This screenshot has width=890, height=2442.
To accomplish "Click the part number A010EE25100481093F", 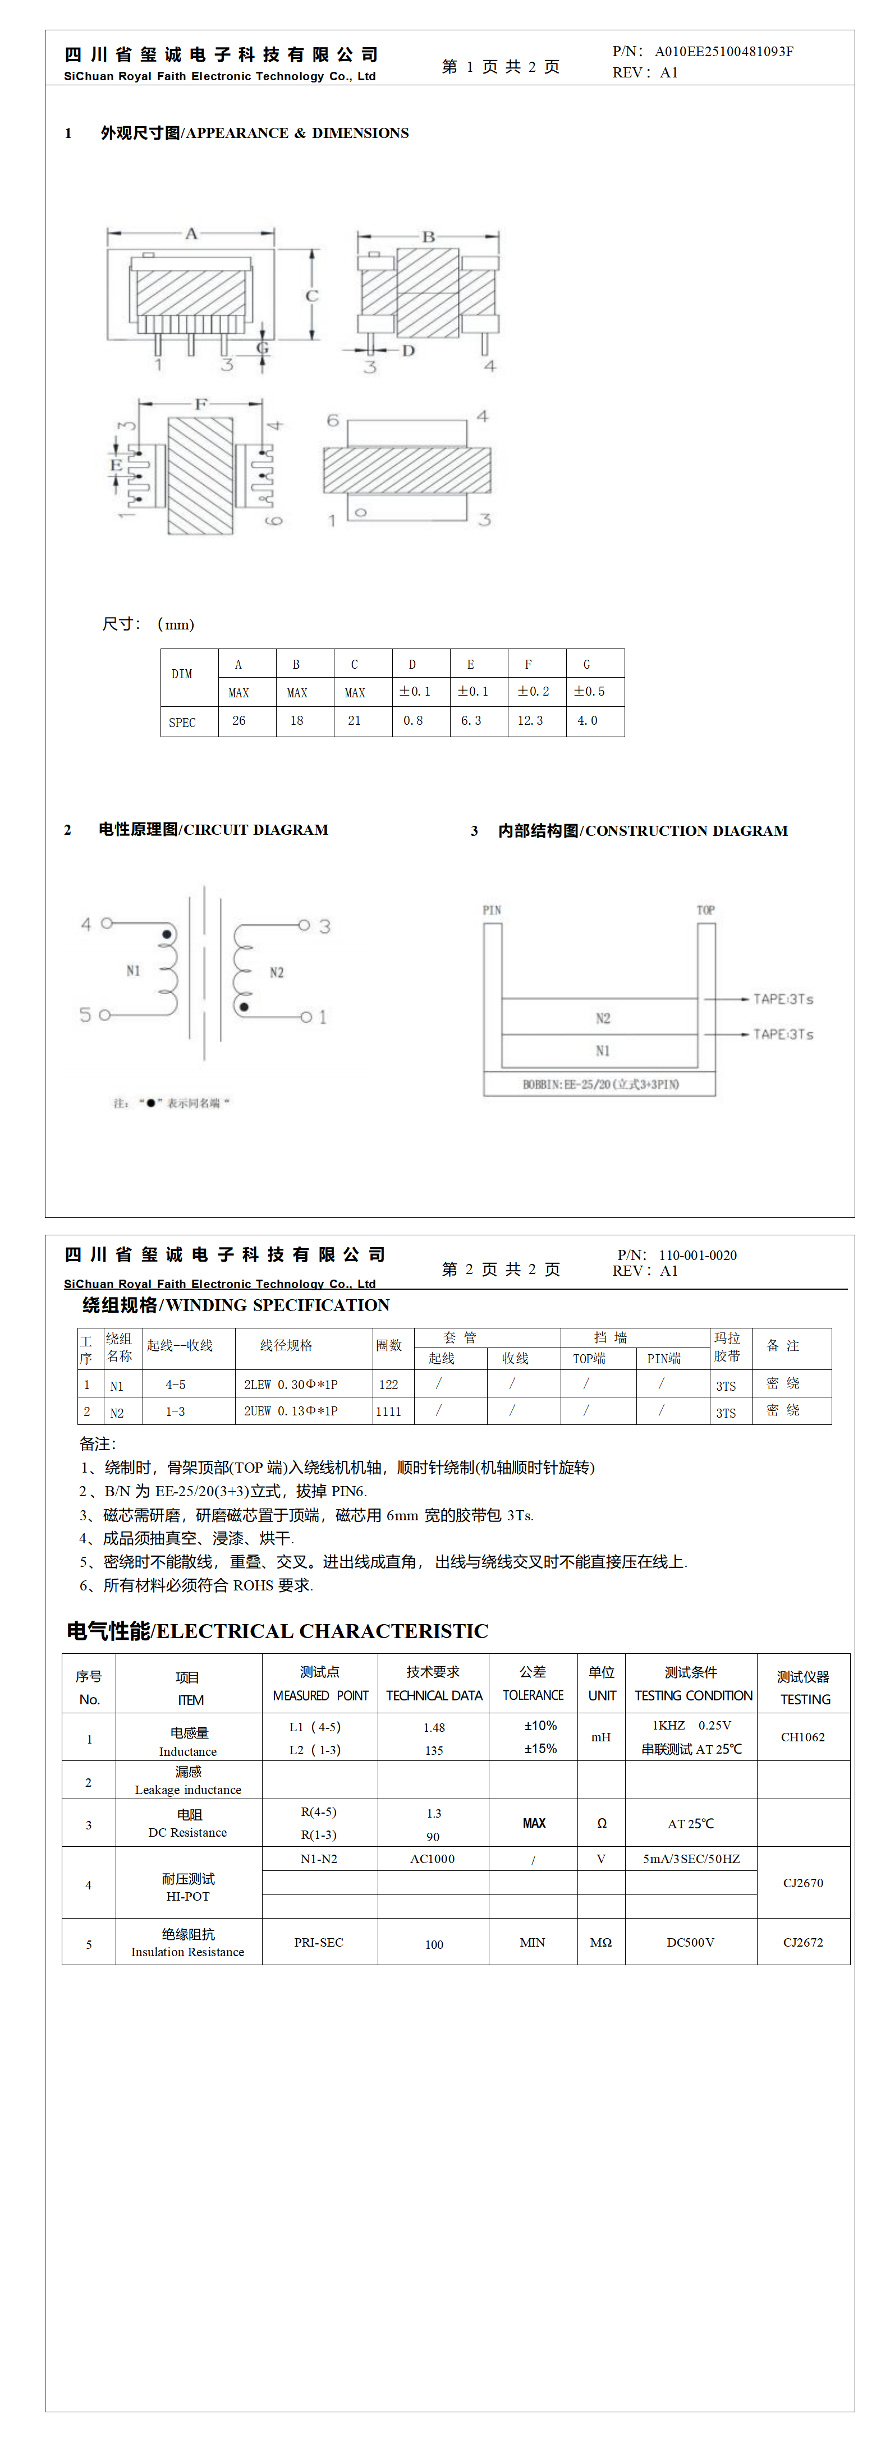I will (x=723, y=51).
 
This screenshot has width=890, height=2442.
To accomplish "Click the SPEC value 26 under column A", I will (x=239, y=720).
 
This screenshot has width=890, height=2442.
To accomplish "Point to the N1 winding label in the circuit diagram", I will (x=132, y=970).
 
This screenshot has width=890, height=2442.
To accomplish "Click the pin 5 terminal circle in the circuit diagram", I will (x=104, y=1015).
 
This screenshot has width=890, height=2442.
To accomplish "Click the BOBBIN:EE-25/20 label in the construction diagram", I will (x=600, y=1083).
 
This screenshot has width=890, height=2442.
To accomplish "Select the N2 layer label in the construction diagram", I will (x=602, y=1018).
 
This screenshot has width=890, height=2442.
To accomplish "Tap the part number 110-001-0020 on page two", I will (x=698, y=1255).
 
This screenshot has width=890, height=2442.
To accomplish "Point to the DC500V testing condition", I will (x=690, y=1942).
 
